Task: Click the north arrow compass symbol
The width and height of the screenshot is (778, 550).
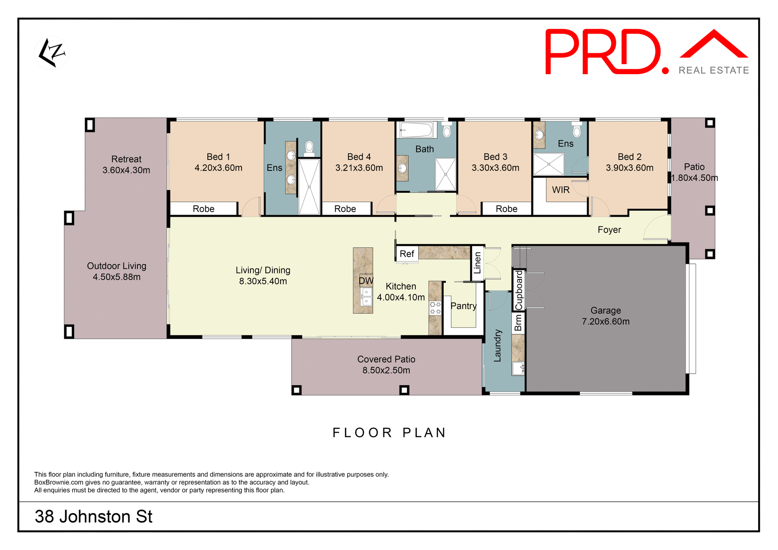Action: click(x=52, y=53)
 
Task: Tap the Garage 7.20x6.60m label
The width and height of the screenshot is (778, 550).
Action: click(x=605, y=316)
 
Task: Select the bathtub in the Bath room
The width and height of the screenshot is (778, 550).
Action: click(x=416, y=130)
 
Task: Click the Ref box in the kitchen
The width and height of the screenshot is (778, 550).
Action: click(x=407, y=254)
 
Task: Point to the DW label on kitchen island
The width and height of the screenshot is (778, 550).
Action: click(x=366, y=280)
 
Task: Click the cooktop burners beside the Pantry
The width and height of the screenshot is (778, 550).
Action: click(x=435, y=308)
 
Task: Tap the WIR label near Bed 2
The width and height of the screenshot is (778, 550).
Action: click(x=561, y=190)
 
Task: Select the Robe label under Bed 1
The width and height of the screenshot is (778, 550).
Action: click(x=203, y=209)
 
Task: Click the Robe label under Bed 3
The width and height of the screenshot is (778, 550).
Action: click(x=507, y=209)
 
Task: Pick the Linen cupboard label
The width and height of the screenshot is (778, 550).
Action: click(x=477, y=263)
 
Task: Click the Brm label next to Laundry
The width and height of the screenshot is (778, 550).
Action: click(x=518, y=323)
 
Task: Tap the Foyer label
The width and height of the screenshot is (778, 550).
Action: click(x=609, y=230)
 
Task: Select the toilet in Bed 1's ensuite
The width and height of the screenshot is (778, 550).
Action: click(x=309, y=148)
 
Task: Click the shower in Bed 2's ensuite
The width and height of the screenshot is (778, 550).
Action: click(x=549, y=164)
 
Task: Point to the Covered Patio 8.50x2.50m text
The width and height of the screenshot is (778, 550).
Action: click(x=386, y=365)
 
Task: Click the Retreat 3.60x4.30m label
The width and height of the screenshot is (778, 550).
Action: click(x=126, y=164)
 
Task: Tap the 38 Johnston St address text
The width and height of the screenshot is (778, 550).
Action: click(x=94, y=517)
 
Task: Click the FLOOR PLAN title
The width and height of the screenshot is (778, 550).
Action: click(x=389, y=433)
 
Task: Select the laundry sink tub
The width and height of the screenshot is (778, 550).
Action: click(x=518, y=368)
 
